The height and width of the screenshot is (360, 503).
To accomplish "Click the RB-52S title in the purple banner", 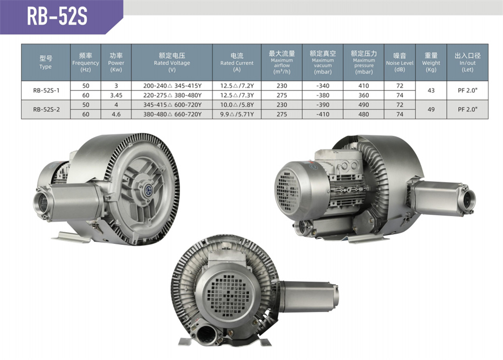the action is tap(57, 16).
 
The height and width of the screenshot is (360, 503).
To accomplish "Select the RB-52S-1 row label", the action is tap(46, 91).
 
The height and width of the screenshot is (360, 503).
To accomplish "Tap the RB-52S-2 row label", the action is tap(46, 109).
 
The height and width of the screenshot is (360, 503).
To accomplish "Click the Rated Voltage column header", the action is tap(172, 62).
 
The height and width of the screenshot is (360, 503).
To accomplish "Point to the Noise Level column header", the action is tap(400, 62).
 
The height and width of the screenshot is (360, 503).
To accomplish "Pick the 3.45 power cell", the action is tap(116, 95).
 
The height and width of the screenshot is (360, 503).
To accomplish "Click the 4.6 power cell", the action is tap(116, 114).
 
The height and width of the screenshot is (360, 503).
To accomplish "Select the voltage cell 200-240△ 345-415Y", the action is tap(172, 86).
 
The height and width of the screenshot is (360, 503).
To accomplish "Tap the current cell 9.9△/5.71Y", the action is tap(237, 114).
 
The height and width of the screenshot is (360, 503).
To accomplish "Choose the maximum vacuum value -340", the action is tap(322, 86).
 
